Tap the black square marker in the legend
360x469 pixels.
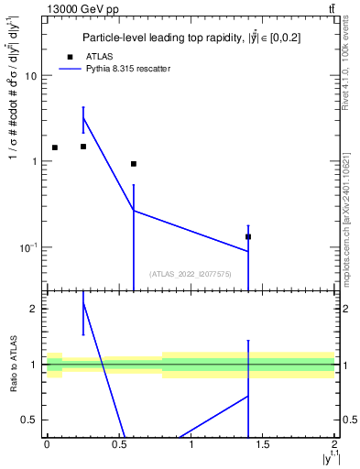point(70,57)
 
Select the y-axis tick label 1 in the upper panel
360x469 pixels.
point(34,162)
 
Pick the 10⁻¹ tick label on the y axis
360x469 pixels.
point(28,247)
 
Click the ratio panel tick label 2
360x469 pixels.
point(34,309)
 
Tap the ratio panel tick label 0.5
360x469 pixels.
point(30,420)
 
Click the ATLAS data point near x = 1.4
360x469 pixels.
point(248,236)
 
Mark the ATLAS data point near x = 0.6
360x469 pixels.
point(134,164)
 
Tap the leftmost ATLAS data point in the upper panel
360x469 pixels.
point(54,147)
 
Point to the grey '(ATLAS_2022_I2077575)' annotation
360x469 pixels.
point(191,273)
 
